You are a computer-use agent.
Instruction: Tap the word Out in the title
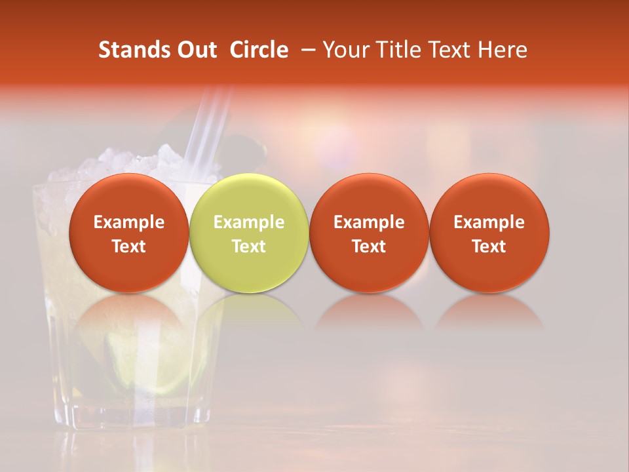pyautogui.click(x=195, y=50)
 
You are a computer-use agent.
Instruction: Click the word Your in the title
pyautogui.click(x=345, y=50)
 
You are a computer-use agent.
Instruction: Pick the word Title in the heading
pyautogui.click(x=396, y=50)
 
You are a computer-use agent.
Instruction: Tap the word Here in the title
pyautogui.click(x=503, y=50)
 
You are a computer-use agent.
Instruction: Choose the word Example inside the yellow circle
pyautogui.click(x=249, y=222)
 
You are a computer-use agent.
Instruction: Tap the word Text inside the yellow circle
pyautogui.click(x=249, y=246)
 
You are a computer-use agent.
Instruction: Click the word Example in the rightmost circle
pyautogui.click(x=489, y=222)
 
